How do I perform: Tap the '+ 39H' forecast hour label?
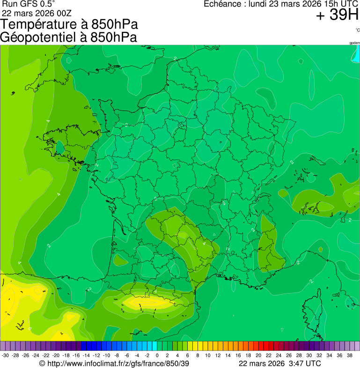(337, 15)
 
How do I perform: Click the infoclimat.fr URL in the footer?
(118, 363)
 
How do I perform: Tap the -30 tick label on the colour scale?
(5, 355)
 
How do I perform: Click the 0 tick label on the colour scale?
(157, 355)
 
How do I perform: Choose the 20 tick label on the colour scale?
(258, 355)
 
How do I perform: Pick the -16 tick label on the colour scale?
(76, 355)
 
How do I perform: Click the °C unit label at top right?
(357, 30)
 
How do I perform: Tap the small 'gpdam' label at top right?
(354, 43)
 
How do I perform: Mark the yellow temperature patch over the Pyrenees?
(145, 302)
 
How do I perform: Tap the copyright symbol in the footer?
(42, 363)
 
